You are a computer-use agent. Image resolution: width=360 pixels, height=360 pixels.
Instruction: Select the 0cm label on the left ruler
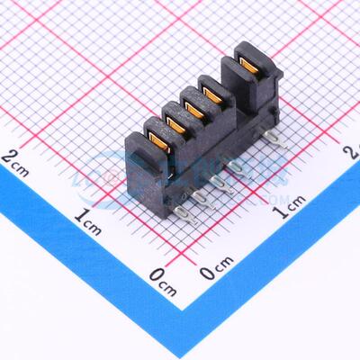coord(162,274)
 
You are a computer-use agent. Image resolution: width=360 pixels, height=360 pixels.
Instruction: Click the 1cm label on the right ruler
coord(289,212)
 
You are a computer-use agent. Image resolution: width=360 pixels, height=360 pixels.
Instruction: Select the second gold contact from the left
coord(176,123)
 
